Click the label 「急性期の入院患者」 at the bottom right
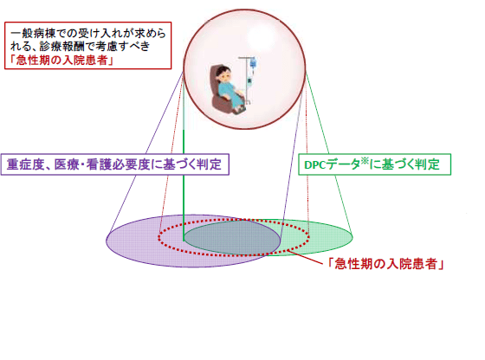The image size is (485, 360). point(385,266)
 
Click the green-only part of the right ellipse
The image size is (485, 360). point(329,232)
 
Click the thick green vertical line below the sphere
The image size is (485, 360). point(184,173)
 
